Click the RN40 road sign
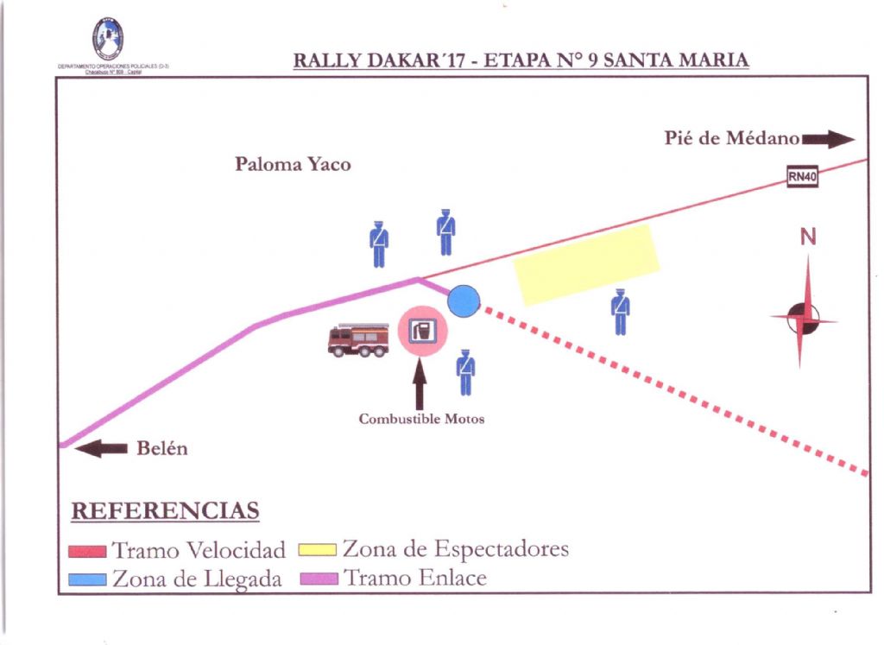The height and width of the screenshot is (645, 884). tap(802, 176)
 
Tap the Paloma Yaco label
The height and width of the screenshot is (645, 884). tap(293, 164)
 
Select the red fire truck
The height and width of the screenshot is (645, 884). tap(358, 339)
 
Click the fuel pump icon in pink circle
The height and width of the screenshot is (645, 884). tap(423, 331)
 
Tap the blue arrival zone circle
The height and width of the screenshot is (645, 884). tap(464, 300)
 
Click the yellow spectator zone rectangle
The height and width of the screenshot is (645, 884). tap(587, 264)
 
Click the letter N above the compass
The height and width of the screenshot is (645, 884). tap(807, 237)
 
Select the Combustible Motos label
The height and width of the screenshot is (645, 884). tap(421, 420)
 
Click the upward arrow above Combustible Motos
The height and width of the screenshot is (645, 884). tap(420, 385)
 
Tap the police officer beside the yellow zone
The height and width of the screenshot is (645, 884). tap(620, 311)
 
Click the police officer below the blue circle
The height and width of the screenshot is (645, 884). tap(465, 371)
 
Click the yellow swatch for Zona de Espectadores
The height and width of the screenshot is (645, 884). tap(318, 550)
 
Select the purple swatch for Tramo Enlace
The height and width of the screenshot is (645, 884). tap(318, 579)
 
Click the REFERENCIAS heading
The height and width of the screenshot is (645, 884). tap(165, 511)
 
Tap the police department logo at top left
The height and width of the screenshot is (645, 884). tap(108, 39)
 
